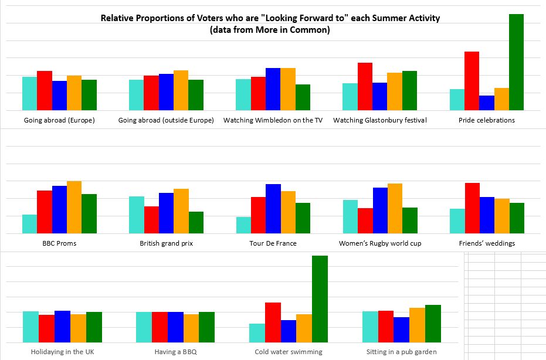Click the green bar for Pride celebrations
pos(516,62)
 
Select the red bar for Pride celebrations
pos(472,81)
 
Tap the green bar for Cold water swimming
pos(320,298)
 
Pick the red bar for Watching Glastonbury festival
pos(365,86)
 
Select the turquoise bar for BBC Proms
pos(29,224)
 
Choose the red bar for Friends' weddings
pos(472,208)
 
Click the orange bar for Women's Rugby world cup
pos(395,208)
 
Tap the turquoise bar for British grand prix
pos(137,215)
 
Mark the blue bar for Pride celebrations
pos(487,103)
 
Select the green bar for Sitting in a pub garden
pos(433,323)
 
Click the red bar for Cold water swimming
pos(273,322)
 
